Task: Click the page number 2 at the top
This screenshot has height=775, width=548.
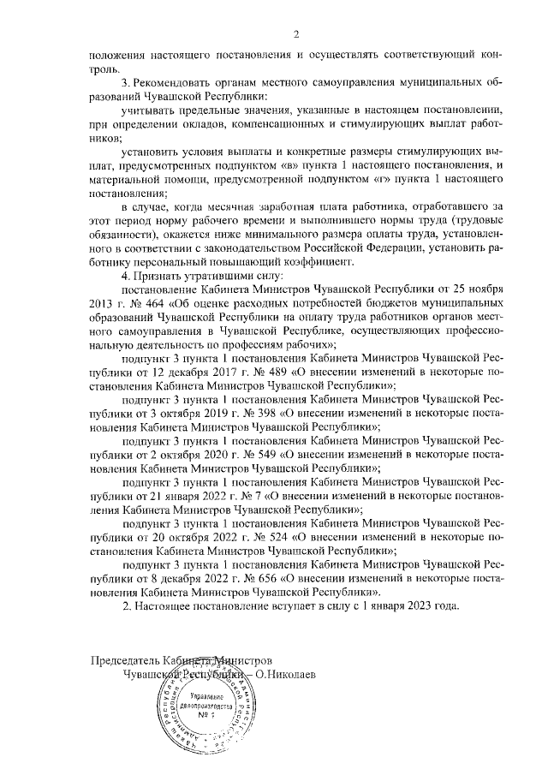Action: coord(295,35)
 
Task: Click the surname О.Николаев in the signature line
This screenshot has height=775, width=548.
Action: coord(284,674)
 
